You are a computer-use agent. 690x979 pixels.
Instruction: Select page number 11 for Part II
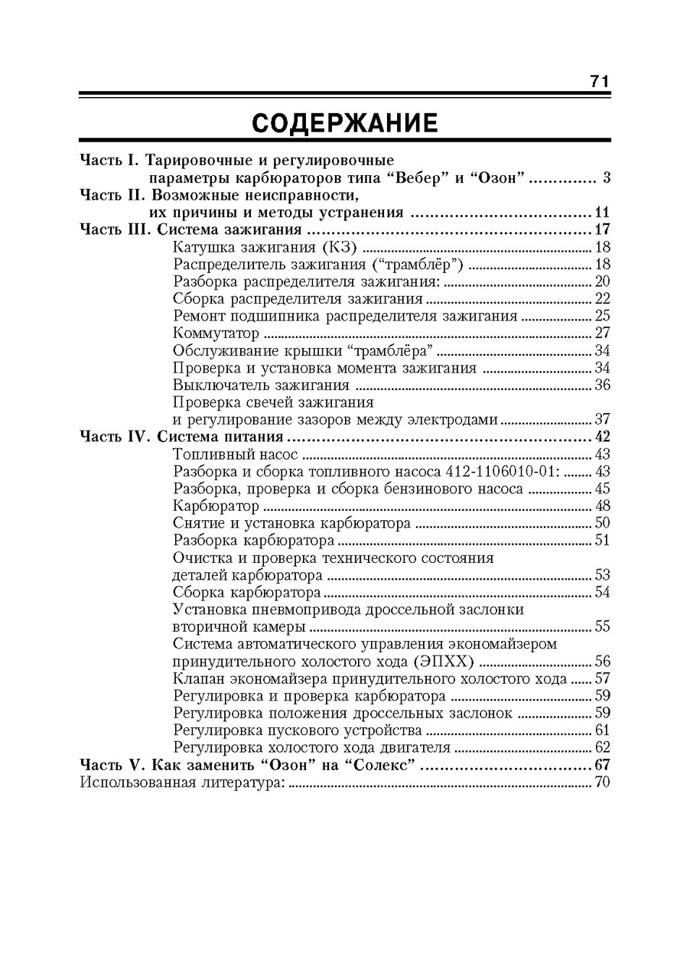point(602,213)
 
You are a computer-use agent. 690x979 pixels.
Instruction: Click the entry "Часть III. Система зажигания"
point(190,229)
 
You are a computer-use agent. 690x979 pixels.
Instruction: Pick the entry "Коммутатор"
point(216,333)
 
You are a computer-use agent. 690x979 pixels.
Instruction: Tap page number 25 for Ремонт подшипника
point(602,316)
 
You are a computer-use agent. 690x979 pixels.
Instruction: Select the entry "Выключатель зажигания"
point(261,385)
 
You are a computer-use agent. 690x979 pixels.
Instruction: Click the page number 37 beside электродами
point(602,419)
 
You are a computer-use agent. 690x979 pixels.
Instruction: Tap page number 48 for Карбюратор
point(602,506)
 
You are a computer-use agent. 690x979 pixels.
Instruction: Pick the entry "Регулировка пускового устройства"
point(298,730)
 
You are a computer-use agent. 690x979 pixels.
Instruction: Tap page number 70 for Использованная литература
point(602,782)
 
